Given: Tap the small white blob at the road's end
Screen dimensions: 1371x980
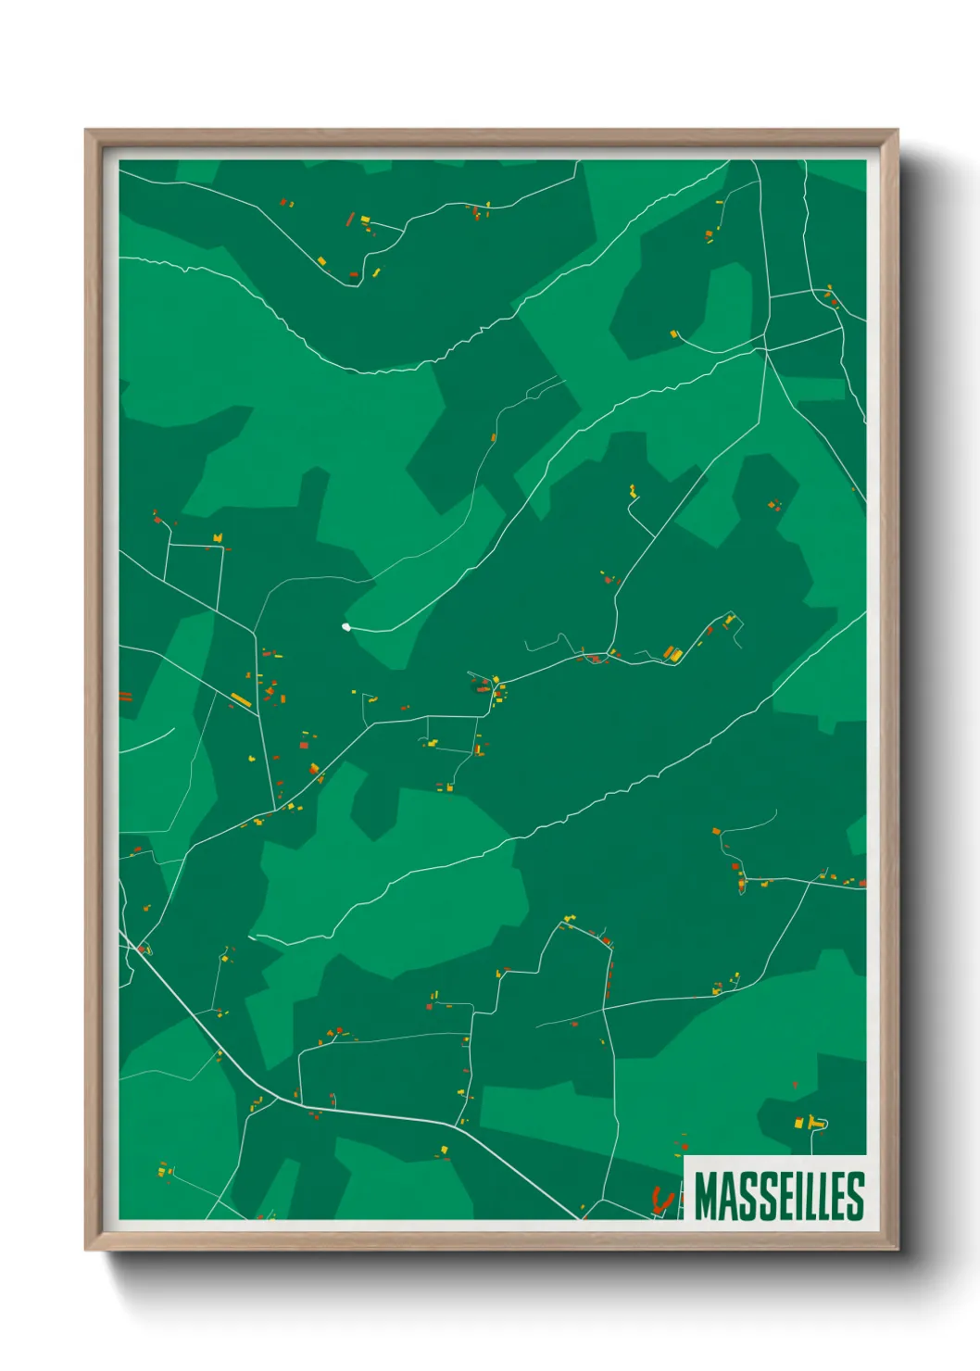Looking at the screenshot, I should click(346, 627).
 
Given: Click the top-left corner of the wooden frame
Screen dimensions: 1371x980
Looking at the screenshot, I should click(86, 131).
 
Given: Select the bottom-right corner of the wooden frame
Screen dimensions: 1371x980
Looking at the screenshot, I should click(897, 1249).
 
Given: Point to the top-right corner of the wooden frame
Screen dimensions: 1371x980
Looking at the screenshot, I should click(897, 131).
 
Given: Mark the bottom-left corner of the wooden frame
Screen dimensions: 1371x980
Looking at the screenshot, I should click(86, 1249).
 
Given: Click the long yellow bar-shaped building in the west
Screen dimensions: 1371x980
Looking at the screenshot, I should click(241, 699).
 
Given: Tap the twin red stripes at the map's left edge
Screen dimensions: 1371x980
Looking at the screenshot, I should click(125, 697).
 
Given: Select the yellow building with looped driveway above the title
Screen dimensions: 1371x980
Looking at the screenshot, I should click(814, 1123).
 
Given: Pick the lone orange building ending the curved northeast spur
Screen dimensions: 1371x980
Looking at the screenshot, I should click(674, 333).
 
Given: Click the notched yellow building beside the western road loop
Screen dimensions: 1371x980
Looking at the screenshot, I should click(218, 537).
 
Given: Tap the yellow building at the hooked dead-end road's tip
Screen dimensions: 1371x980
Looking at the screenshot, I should click(633, 490).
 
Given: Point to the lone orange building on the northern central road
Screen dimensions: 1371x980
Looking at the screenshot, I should click(494, 437).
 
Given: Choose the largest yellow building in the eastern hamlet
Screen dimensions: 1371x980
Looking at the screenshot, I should click(675, 654).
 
